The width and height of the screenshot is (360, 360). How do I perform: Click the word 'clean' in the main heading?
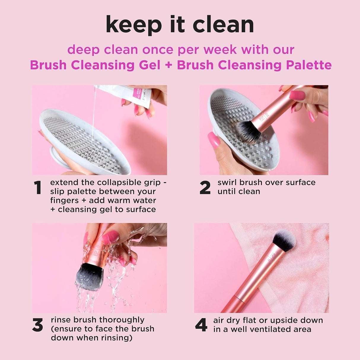pyautogui.click(x=223, y=24)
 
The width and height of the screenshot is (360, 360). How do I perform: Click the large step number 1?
pyautogui.click(x=38, y=188)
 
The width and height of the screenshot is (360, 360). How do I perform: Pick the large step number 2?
pyautogui.click(x=205, y=188)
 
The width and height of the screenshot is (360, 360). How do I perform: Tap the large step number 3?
pyautogui.click(x=38, y=325)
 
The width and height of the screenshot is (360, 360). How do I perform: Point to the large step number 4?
pyautogui.click(x=201, y=325)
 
